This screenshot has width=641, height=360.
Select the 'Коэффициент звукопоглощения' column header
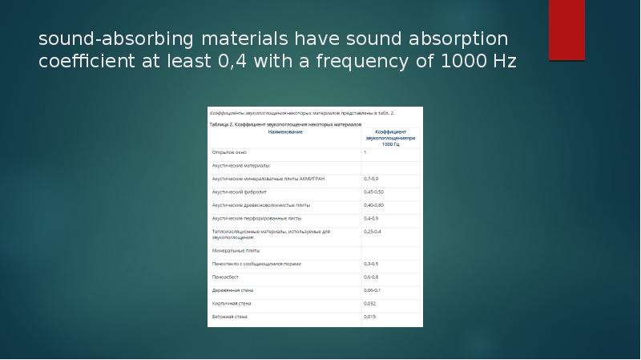point(391,136)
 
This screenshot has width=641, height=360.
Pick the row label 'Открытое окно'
point(229,152)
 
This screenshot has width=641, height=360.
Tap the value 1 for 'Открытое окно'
point(365,152)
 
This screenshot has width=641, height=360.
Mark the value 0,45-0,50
point(374,192)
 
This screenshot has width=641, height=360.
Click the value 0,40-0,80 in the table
point(374,205)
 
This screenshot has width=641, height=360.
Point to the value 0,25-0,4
point(373,231)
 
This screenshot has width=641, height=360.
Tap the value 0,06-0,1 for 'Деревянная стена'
point(373,290)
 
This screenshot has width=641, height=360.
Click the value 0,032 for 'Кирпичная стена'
point(370,303)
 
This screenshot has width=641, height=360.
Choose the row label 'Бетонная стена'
point(230,317)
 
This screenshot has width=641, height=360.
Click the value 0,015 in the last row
point(370,317)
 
